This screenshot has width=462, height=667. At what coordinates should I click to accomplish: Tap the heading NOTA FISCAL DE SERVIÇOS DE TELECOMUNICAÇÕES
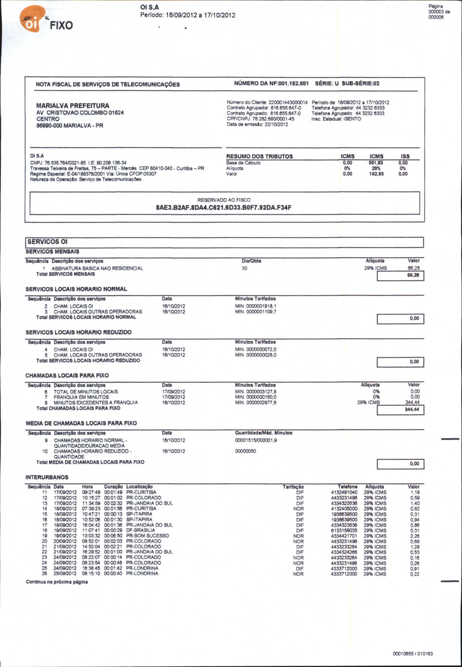coord(108,85)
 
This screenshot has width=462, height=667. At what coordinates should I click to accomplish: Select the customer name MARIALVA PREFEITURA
coord(73,106)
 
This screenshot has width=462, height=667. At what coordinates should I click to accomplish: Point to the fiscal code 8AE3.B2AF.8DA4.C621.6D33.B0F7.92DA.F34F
coord(223,208)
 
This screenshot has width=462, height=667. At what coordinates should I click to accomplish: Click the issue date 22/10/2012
coord(276,124)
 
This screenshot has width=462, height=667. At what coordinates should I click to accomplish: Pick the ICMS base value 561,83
coord(376,163)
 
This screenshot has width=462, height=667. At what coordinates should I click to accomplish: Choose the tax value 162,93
coord(376,174)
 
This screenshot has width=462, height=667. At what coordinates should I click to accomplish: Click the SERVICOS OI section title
coord(47,242)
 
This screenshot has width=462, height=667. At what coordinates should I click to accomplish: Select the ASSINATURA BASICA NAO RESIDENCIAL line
coord(97,268)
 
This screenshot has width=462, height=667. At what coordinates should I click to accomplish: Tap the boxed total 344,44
coord(412,409)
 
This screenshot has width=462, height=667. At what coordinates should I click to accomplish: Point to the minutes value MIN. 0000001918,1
coord(256,306)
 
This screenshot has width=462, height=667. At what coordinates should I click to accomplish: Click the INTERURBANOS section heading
coord(47,477)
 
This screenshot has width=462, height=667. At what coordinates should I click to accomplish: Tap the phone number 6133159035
coord(344,530)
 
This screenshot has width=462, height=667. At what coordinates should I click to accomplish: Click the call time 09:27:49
coord(91,492)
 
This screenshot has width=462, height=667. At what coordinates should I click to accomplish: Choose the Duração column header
coord(113,486)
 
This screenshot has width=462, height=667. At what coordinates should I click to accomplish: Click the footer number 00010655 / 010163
coord(412,654)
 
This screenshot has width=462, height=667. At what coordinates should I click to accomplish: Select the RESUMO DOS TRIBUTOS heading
coord(259,156)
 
